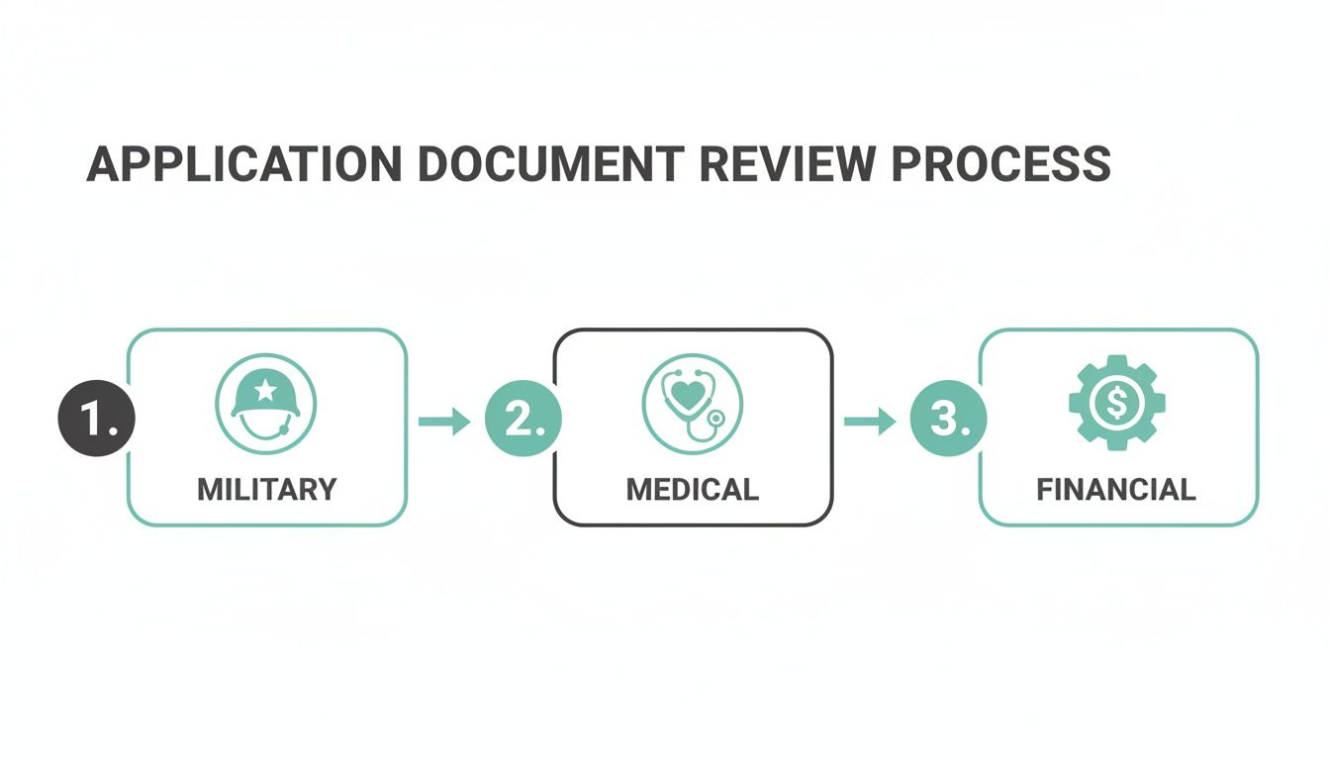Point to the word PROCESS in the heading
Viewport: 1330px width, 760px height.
tap(1001, 164)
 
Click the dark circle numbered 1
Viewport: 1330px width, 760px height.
tap(96, 421)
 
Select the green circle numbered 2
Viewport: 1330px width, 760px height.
tap(522, 421)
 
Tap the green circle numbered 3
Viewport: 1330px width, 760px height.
tap(948, 421)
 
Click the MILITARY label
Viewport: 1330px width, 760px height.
tap(267, 489)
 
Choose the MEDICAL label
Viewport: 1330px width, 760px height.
tap(693, 489)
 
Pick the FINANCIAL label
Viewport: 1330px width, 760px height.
tap(1116, 489)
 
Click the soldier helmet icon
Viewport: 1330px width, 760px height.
tap(265, 403)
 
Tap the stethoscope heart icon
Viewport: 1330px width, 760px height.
tap(692, 403)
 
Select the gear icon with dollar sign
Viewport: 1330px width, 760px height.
tap(1117, 403)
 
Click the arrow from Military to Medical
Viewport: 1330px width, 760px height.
tap(444, 422)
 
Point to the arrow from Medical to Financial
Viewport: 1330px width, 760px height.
tap(870, 422)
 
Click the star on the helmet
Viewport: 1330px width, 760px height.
tap(265, 390)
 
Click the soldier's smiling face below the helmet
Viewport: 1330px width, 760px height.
tap(265, 426)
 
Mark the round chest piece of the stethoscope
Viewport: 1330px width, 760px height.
tap(712, 419)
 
